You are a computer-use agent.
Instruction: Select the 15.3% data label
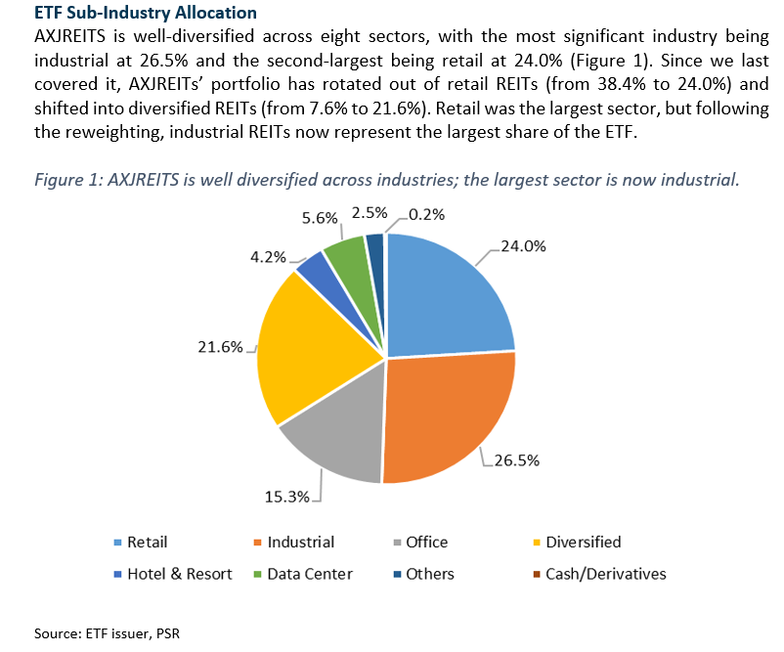coord(287,497)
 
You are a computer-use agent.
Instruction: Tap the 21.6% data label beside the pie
coord(219,347)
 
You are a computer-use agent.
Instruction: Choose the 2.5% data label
coord(370,212)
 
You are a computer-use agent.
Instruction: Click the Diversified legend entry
coord(583,542)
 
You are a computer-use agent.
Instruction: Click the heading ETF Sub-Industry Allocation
coord(146,13)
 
